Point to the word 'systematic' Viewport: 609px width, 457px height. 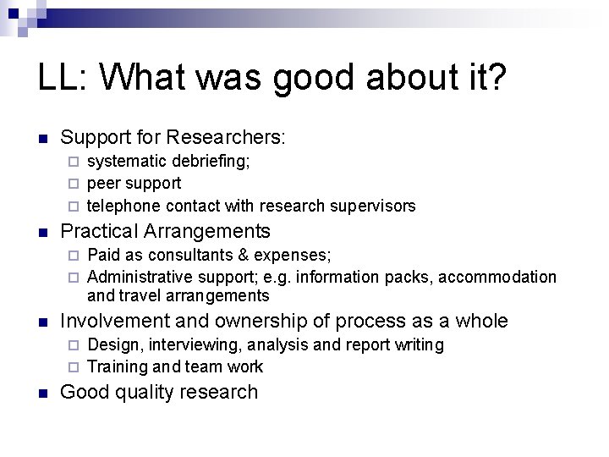(x=127, y=160)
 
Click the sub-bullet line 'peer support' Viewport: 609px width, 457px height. (x=134, y=183)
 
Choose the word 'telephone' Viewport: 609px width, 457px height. (x=124, y=206)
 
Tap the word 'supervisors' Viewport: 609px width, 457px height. (x=376, y=206)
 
